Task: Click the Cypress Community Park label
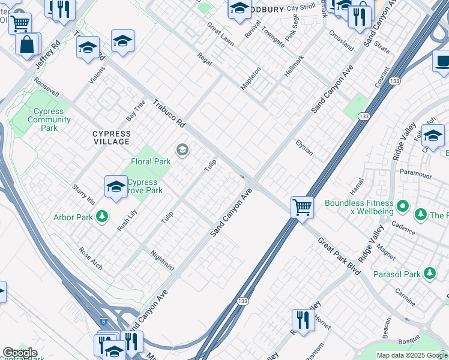49,119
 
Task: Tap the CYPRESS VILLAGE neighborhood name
111,137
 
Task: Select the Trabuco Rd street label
169,113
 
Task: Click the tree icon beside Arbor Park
102,216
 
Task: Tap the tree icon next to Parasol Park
429,274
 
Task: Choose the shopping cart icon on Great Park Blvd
302,208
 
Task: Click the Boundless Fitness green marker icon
403,208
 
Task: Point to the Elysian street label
304,148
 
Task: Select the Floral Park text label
151,161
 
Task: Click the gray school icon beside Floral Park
181,150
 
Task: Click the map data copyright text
412,355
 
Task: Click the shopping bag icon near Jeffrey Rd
27,45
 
